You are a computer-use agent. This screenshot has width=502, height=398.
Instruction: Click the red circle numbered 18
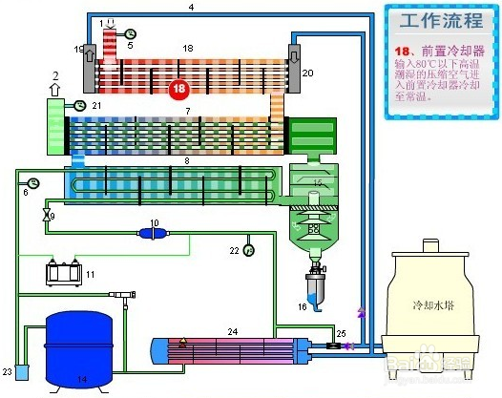click(179, 90)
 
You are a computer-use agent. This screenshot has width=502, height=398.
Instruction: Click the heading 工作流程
click(434, 21)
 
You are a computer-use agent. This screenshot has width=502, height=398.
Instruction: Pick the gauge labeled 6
click(34, 181)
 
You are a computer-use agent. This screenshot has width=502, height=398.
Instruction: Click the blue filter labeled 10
click(152, 232)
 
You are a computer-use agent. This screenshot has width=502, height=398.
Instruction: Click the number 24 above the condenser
click(232, 331)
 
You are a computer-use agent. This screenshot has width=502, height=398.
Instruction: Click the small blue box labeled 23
click(22, 369)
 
